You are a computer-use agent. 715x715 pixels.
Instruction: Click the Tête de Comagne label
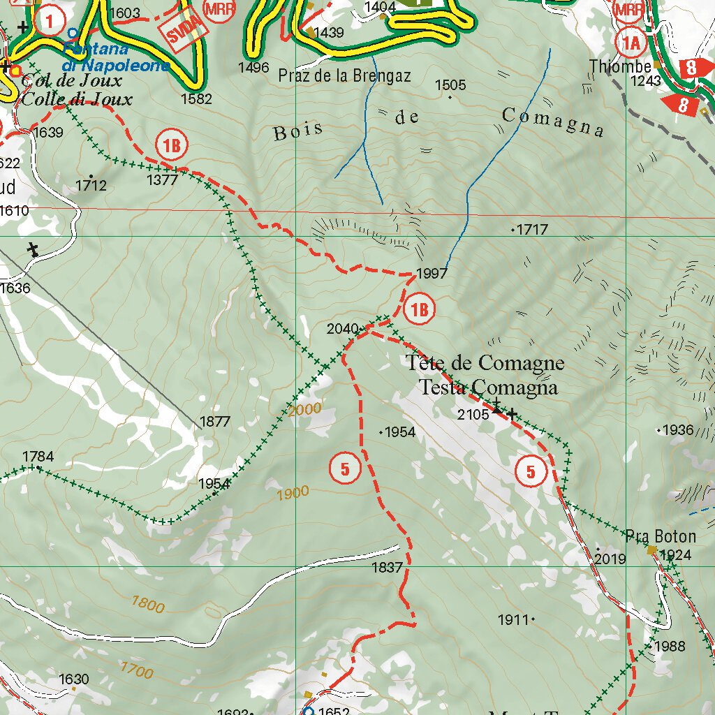tap(485, 363)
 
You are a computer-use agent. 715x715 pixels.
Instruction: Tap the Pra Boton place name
tap(661, 536)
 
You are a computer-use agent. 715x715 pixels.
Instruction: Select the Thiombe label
tap(620, 66)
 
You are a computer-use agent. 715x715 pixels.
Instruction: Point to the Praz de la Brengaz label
tap(344, 75)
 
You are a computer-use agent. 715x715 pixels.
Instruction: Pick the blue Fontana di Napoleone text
tap(115, 57)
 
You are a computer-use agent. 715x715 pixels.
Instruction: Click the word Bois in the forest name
tap(299, 131)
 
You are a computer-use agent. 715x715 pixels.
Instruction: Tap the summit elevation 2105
tap(473, 415)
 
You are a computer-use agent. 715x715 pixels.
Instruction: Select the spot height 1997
tap(431, 274)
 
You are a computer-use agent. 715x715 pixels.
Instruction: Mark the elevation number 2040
tap(342, 329)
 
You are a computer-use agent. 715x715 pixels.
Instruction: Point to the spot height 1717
tap(532, 229)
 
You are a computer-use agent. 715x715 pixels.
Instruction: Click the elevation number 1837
tap(388, 568)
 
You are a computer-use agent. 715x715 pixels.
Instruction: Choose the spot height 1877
tap(214, 422)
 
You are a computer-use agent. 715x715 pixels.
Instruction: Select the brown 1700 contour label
tap(136, 672)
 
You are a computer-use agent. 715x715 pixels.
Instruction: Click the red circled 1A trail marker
tap(631, 43)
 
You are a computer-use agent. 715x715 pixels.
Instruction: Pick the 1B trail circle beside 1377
tap(172, 146)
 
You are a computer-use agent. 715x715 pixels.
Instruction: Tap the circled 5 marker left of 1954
tap(345, 467)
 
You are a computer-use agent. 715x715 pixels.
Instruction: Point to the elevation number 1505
tap(450, 85)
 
